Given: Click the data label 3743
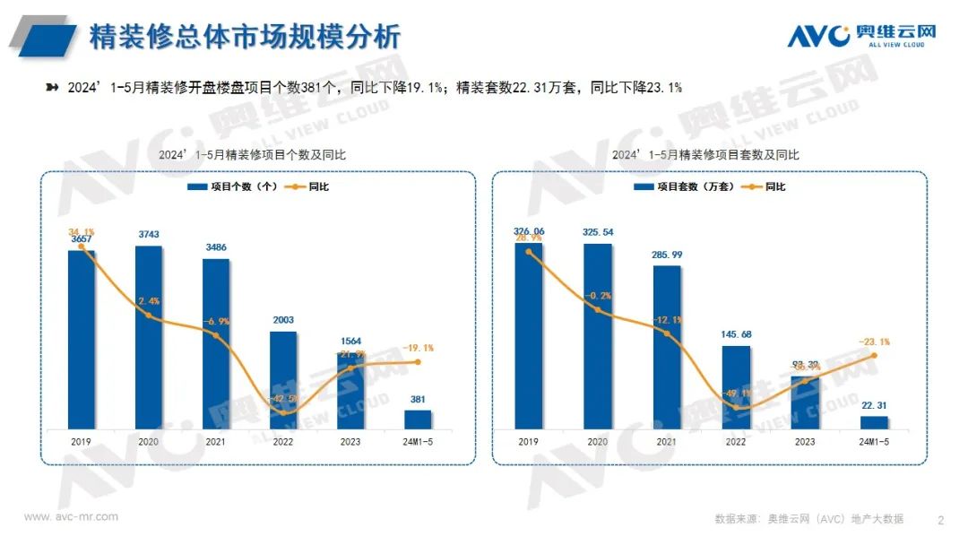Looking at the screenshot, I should pyautogui.click(x=149, y=235).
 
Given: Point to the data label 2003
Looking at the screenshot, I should pyautogui.click(x=283, y=320).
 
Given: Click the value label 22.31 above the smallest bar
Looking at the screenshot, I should pyautogui.click(x=874, y=404).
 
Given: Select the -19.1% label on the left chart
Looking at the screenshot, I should pyautogui.click(x=418, y=348).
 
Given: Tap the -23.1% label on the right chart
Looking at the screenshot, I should pyautogui.click(x=873, y=342).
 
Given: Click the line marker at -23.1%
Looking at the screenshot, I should pyautogui.click(x=874, y=355).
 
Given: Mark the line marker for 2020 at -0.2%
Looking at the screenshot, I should pyautogui.click(x=598, y=310).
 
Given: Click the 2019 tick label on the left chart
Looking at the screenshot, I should pyautogui.click(x=81, y=442).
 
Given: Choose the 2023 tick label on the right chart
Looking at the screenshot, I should pyautogui.click(x=805, y=442).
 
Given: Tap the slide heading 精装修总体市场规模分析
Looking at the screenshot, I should pyautogui.click(x=244, y=36).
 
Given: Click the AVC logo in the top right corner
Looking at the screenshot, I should pyautogui.click(x=861, y=35).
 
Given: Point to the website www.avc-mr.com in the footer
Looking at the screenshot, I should pyautogui.click(x=71, y=517).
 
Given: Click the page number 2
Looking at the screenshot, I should pyautogui.click(x=940, y=519).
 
